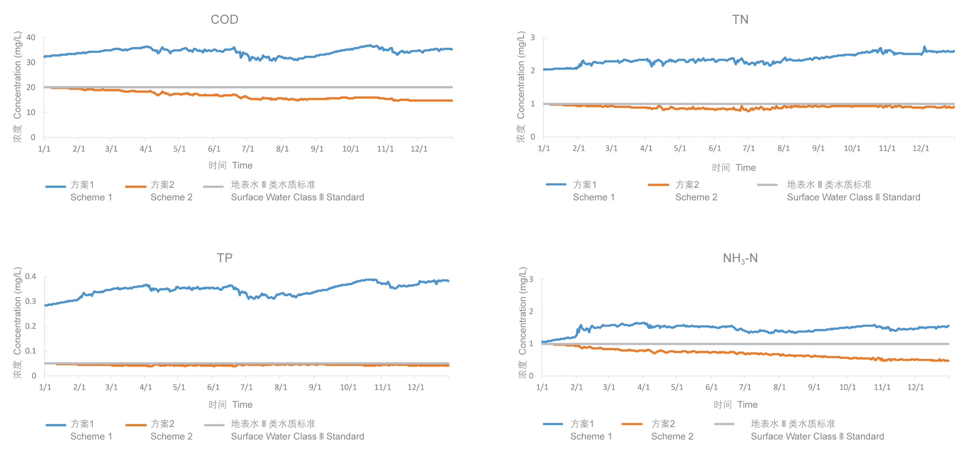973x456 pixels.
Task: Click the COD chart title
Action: (224, 19)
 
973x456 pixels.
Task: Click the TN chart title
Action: (740, 19)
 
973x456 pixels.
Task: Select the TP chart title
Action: (224, 258)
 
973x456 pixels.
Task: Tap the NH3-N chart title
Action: (740, 258)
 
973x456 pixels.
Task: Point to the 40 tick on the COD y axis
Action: (31, 37)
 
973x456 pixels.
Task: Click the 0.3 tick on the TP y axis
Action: (31, 301)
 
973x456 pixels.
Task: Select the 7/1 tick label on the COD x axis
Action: (248, 149)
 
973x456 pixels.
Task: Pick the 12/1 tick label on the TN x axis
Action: (921, 148)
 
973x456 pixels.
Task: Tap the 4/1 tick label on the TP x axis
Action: (145, 387)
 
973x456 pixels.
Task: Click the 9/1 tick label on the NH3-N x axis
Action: (814, 387)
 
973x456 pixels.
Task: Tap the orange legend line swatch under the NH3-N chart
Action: (631, 424)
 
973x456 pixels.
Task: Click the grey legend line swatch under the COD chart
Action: (214, 186)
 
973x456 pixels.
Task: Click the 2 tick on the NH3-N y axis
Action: (531, 312)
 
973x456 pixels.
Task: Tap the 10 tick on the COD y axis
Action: (31, 112)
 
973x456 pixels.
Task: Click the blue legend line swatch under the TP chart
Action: (56, 425)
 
